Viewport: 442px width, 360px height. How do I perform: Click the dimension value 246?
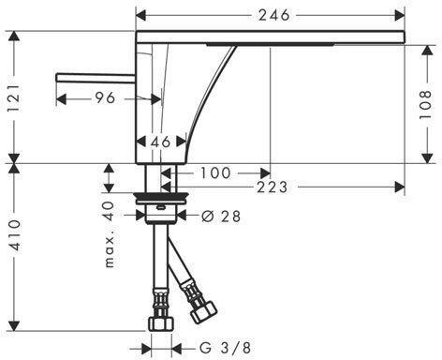point(274,15)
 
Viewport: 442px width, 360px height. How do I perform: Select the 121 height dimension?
point(14,97)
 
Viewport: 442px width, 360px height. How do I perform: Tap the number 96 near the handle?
point(105,98)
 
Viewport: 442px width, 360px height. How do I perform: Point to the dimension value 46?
point(160,142)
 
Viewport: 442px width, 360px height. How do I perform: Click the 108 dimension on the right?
point(425,105)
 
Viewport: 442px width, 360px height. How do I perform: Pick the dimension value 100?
point(215,172)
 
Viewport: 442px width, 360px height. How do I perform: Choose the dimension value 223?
point(272,187)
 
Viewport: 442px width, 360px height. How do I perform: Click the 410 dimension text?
point(14,235)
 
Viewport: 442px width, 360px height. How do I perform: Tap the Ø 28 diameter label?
point(221,216)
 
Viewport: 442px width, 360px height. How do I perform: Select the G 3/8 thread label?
point(225,348)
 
